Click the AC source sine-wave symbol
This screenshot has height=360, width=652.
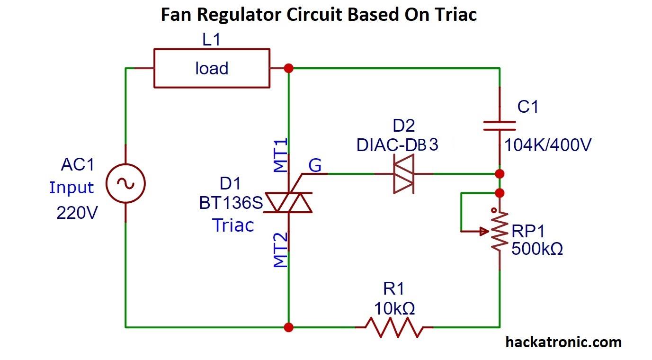(x=125, y=184)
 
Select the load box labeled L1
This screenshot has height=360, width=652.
(x=212, y=68)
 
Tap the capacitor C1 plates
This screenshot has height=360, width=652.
(x=499, y=125)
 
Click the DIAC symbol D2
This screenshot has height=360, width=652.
(x=403, y=174)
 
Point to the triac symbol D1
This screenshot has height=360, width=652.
(x=288, y=202)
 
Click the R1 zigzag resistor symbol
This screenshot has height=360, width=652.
(x=394, y=327)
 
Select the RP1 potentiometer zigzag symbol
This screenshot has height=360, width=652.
(x=499, y=231)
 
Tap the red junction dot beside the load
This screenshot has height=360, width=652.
(x=288, y=68)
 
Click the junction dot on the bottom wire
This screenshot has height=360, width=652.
(x=288, y=327)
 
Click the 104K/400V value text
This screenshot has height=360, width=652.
(x=547, y=145)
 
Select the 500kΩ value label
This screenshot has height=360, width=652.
(x=537, y=249)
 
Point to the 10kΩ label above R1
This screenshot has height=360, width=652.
(x=394, y=308)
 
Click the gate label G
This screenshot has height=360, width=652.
(x=315, y=166)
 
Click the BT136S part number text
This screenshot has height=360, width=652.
(x=231, y=203)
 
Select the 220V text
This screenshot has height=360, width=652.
(x=77, y=213)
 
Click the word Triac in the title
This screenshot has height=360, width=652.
(x=454, y=14)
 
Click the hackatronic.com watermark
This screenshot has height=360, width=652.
(x=563, y=342)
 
